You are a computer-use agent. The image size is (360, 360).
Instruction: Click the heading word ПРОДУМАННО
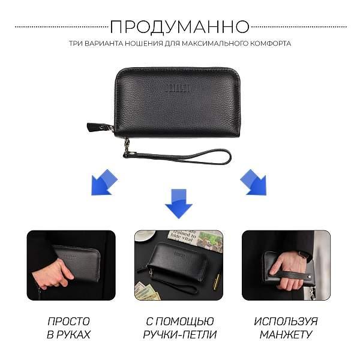tap(179, 27)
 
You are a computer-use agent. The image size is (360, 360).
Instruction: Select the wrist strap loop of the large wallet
tap(180, 157)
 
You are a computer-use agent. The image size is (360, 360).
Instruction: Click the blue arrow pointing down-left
tap(103, 183)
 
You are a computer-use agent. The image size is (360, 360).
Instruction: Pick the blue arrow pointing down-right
tap(253, 183)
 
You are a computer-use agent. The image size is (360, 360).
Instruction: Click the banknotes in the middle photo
tap(147, 290)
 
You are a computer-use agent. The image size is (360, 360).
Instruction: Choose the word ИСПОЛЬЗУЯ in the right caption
tap(286, 321)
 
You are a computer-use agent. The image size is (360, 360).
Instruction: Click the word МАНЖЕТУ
tap(286, 335)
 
